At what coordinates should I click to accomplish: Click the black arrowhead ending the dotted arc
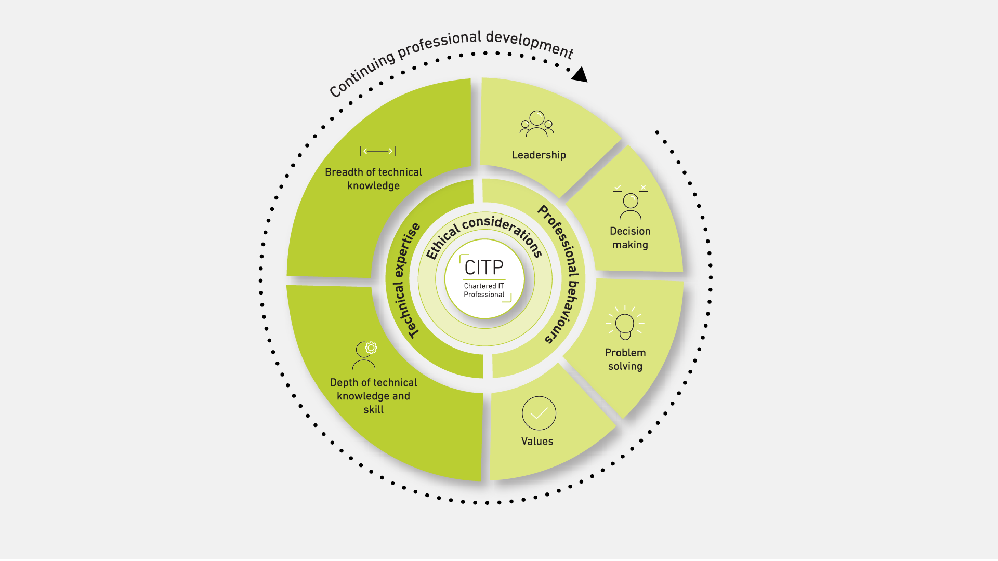click(580, 75)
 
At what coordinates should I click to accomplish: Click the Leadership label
click(539, 155)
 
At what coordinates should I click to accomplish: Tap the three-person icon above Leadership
click(537, 124)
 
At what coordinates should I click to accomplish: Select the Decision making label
click(630, 238)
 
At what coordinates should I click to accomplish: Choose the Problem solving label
click(625, 359)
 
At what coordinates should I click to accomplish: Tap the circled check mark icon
click(539, 413)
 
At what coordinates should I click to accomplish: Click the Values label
click(537, 441)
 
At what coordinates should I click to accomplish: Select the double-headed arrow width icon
click(378, 151)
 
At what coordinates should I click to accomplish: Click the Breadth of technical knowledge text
click(373, 179)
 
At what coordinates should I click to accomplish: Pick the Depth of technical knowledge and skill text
click(373, 396)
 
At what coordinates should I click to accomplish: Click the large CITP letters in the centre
click(484, 268)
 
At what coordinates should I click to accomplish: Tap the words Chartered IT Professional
click(484, 290)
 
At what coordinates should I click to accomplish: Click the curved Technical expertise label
click(406, 280)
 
